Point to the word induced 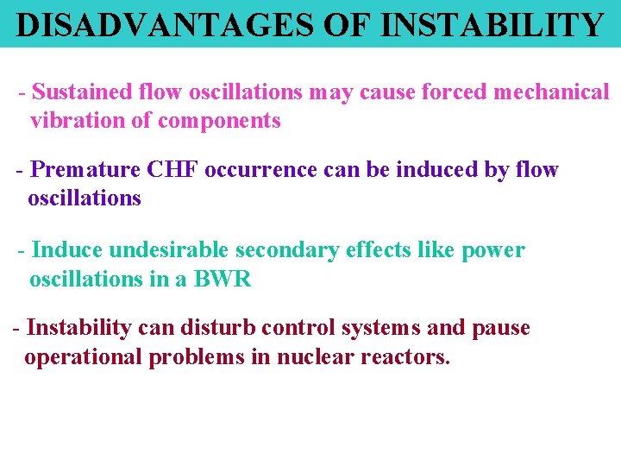437,169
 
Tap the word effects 379,250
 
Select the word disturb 214,328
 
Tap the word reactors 405,356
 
